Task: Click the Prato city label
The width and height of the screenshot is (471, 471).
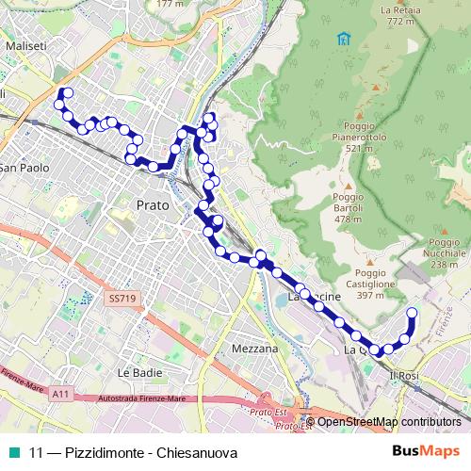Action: coord(152,204)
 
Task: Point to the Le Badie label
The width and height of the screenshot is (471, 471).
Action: coord(136,373)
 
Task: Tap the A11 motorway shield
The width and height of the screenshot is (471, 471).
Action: coord(61,394)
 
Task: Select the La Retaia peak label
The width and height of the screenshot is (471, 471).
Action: coord(399,14)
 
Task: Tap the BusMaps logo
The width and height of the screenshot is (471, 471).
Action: coord(421,451)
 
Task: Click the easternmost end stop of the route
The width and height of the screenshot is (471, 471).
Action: coord(411,313)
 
